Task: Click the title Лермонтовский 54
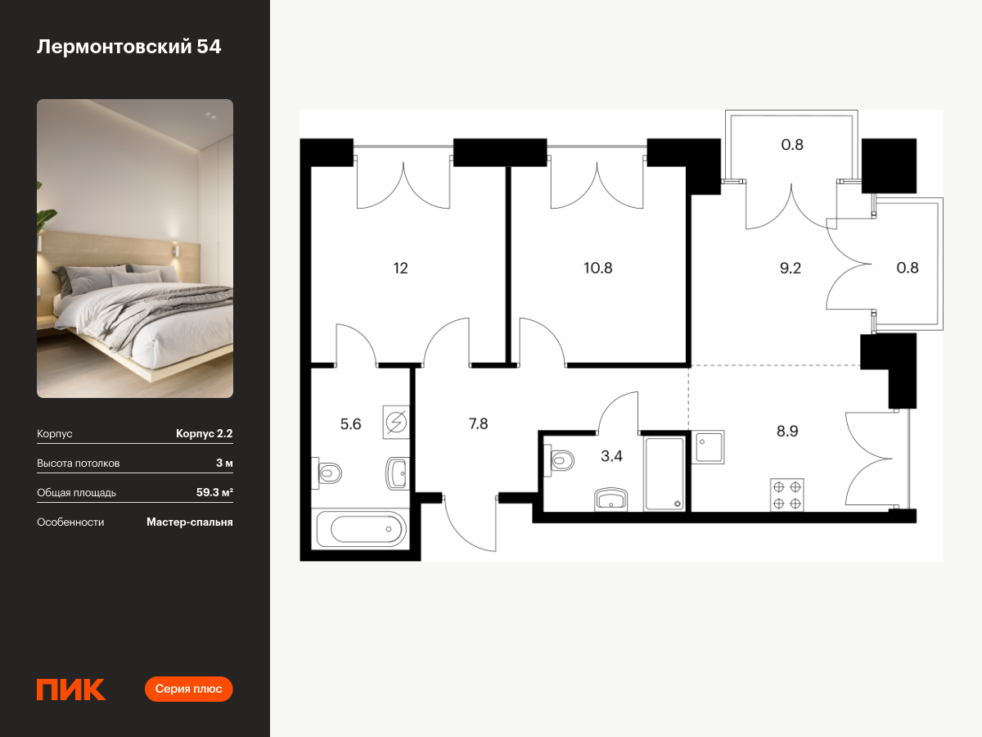[128, 47]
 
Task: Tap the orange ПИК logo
[71, 690]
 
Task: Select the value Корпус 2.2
[204, 434]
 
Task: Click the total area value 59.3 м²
[214, 492]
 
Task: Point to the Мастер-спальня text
[190, 522]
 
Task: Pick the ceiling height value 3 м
[224, 463]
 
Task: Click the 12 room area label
[400, 268]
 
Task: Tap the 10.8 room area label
[597, 268]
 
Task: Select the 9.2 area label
[790, 268]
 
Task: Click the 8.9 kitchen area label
[787, 431]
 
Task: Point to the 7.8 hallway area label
[478, 423]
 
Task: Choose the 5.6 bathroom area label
[350, 424]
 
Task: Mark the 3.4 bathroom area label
[611, 456]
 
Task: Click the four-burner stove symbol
[787, 495]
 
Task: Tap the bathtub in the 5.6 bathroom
[361, 528]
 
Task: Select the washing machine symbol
[396, 422]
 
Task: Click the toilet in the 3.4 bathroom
[559, 459]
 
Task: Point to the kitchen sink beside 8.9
[708, 447]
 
